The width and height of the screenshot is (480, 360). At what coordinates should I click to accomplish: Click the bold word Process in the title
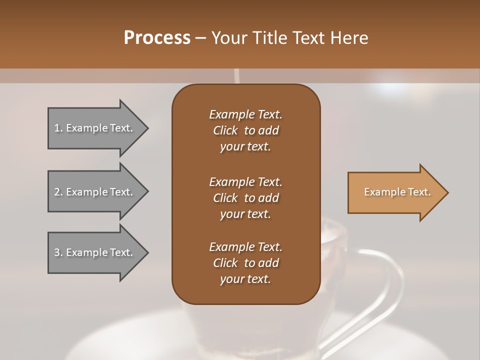point(157,38)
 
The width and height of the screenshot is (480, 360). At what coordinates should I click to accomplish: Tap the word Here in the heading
point(349,38)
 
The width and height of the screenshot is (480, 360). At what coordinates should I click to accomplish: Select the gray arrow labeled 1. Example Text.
point(95,128)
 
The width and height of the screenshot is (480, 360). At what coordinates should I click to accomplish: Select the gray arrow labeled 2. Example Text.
point(95,192)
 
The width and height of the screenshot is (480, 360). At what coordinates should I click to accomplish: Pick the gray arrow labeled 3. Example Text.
point(95,252)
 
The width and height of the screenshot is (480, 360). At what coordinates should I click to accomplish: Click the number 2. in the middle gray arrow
point(58,192)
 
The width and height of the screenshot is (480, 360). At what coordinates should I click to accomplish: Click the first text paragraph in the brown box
point(245,130)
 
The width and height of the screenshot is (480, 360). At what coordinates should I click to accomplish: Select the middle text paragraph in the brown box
point(245,197)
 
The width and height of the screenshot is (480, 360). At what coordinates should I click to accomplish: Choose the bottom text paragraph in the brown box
point(245,263)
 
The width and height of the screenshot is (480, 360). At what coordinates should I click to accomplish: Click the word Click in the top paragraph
point(225,130)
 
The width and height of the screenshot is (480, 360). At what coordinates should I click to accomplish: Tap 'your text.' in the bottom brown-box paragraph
point(245,279)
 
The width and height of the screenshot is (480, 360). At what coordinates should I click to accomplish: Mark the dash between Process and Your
point(200,38)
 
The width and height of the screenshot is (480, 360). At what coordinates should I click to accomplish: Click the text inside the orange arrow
point(397,192)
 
